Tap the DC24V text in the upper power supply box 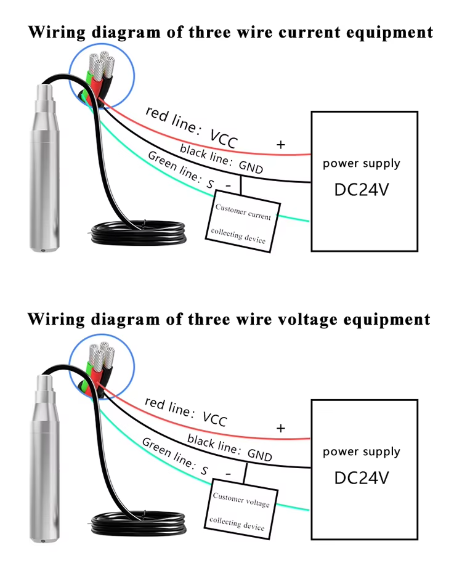tap(362, 190)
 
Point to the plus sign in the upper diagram tap(281, 145)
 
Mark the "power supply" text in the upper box tap(362, 164)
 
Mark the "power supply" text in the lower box tap(362, 452)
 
